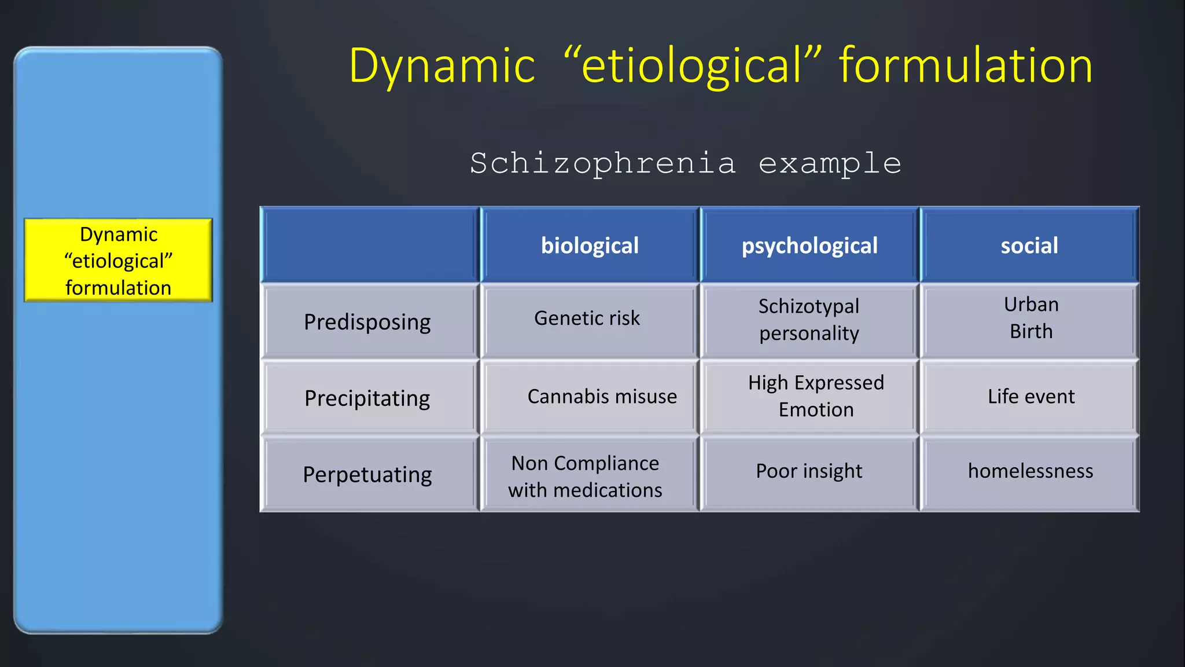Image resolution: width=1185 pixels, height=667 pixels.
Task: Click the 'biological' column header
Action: coord(590,245)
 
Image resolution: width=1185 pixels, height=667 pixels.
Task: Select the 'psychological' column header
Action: coord(809,245)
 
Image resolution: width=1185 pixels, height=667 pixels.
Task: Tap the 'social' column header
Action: coord(1029,245)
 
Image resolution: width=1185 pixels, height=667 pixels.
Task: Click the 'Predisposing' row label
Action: coord(367,321)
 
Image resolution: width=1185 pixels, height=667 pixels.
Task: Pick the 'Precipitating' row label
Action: coord(367,398)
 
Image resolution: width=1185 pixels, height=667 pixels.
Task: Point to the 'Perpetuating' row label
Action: coord(367,474)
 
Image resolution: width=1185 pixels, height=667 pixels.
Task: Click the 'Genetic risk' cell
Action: coord(587,318)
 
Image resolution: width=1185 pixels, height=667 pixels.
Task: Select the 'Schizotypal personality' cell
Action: coord(809,320)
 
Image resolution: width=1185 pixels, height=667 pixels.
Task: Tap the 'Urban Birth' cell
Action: coord(1031,318)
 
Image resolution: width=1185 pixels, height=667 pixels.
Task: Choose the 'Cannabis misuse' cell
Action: coord(602,396)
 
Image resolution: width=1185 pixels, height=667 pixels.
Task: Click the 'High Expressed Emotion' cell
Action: coord(816,396)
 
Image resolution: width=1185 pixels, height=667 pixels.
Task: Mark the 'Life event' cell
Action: coord(1031,396)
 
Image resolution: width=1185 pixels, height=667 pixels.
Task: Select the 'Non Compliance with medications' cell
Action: coord(585,476)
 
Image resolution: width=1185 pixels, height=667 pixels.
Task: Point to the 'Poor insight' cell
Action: coord(809,471)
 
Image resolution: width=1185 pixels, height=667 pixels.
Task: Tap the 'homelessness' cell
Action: coord(1031,471)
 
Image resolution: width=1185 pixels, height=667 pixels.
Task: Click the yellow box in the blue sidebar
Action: coord(118,260)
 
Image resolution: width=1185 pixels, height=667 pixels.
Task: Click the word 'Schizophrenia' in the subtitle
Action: coord(603,164)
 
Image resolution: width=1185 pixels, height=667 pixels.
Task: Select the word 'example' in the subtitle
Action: coord(830,164)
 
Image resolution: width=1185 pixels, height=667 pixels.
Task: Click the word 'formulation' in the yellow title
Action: coord(966,65)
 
